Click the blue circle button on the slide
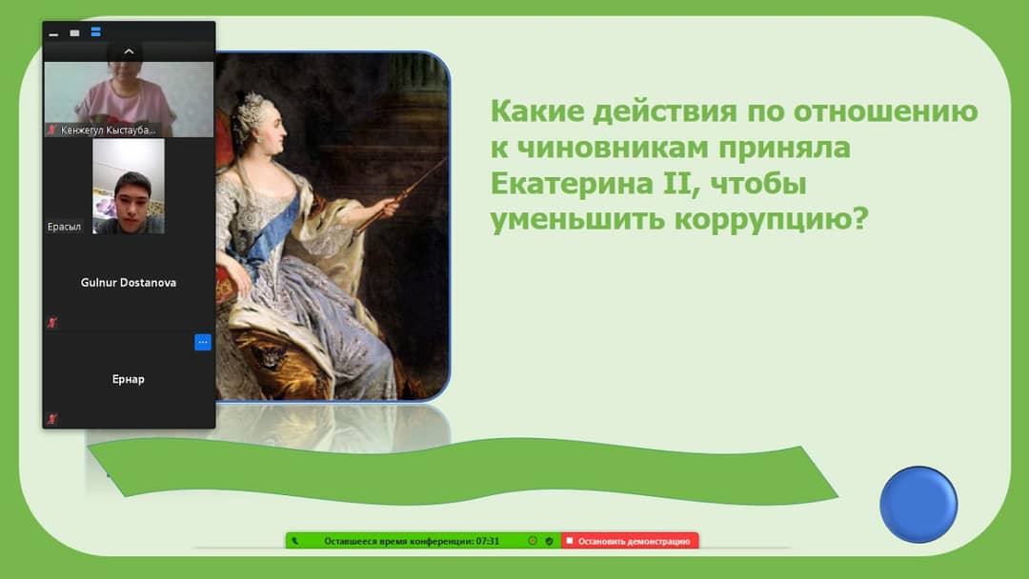918,505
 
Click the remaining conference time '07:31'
488,542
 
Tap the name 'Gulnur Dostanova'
129,283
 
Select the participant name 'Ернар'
128,379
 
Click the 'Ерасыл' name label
65,227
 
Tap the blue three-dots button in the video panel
203,342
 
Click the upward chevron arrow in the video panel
129,51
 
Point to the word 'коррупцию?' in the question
771,218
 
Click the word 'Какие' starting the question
537,110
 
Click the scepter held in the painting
400,194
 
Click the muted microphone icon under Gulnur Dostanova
52,323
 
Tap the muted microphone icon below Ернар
52,418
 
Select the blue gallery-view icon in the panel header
96,32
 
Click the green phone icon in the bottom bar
294,542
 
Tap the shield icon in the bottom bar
550,542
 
